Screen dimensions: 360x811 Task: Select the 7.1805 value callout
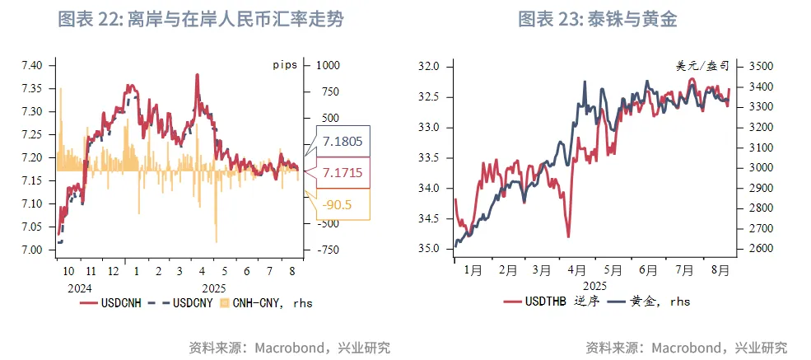[343, 141]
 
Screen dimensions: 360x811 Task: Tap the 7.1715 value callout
[343, 172]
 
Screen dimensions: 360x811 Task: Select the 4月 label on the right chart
[576, 269]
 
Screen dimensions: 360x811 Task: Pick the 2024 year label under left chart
[80, 288]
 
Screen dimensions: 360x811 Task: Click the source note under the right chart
[686, 347]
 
